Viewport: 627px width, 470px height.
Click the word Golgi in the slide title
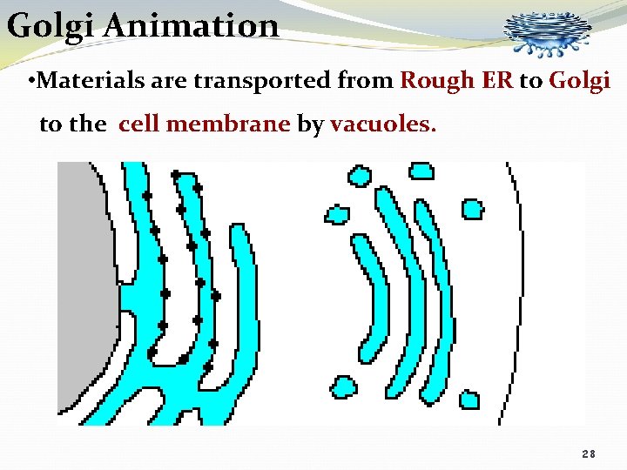point(51,25)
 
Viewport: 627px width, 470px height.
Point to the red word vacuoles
point(381,124)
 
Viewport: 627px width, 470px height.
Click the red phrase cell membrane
point(204,124)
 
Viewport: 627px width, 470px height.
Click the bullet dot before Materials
point(31,83)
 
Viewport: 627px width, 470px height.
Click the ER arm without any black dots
point(244,287)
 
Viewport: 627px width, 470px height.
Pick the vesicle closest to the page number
point(469,399)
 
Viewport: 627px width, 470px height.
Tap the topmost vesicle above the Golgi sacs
point(421,170)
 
